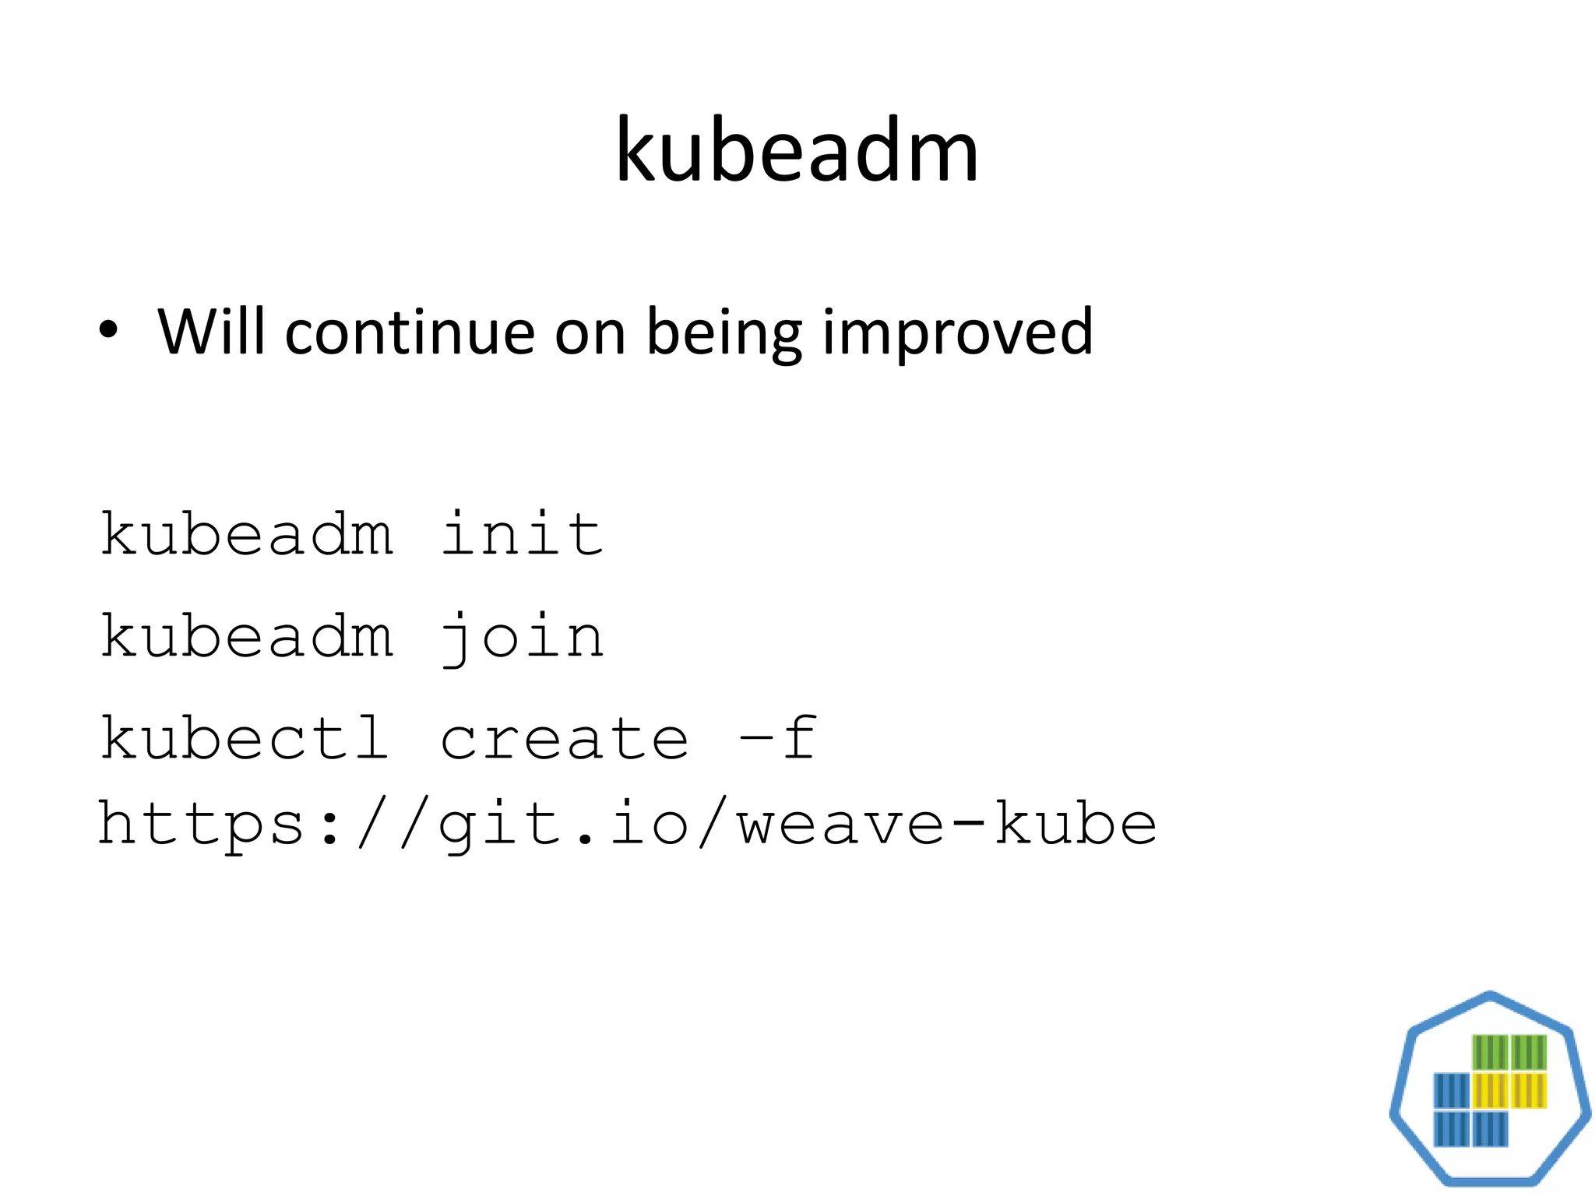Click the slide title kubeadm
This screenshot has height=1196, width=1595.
[796, 150]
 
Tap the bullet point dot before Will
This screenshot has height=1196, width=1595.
[109, 331]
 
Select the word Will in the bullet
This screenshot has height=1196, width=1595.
[211, 331]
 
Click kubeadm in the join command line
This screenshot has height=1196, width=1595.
[247, 636]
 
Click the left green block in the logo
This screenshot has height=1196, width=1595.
[1490, 1053]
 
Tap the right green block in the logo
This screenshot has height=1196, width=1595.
[1528, 1053]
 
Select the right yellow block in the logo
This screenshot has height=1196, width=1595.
[1528, 1090]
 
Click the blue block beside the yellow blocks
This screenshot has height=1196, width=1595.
[1452, 1090]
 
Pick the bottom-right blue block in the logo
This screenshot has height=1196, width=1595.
[1490, 1128]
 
